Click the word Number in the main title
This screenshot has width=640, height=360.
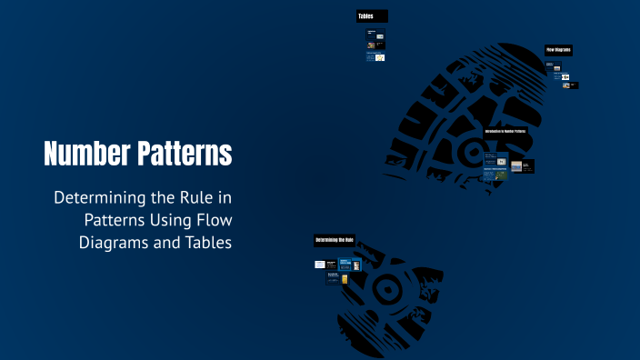coord(86,154)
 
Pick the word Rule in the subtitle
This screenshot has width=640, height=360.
coord(193,197)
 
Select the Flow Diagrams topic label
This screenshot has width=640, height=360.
coord(558,49)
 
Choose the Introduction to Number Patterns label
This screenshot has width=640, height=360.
coord(505,132)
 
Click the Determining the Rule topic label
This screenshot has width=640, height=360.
coord(335,240)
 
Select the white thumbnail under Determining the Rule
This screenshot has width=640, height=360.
coord(320,265)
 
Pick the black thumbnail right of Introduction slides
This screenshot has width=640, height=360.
coord(528,166)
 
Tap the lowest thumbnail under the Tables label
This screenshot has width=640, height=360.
coord(380,57)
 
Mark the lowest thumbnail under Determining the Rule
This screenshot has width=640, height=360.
coord(346,279)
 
